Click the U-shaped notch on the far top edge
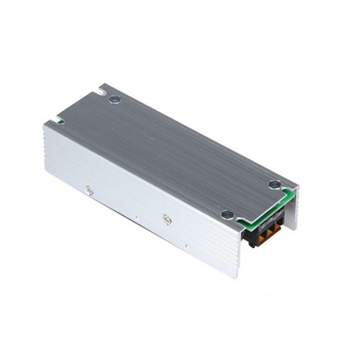(98, 84)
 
